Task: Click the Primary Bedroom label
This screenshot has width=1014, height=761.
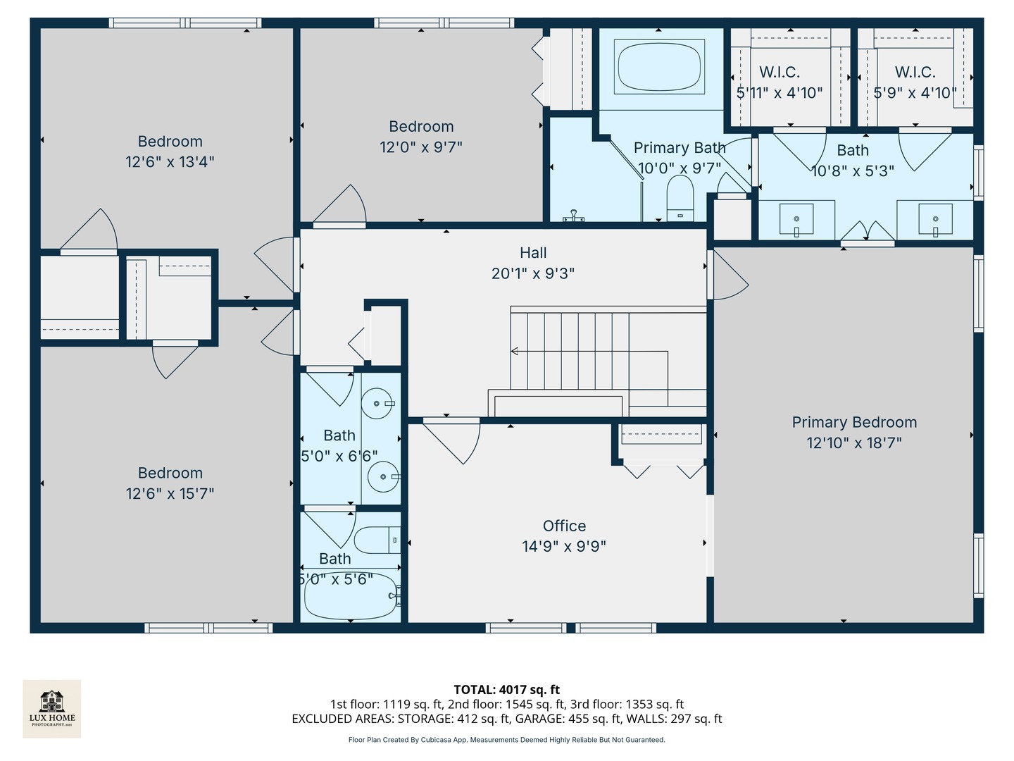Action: click(854, 422)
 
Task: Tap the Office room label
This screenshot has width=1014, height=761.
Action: click(564, 526)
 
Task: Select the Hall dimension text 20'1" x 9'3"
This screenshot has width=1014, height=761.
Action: click(533, 273)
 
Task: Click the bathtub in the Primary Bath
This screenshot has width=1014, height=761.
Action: click(659, 66)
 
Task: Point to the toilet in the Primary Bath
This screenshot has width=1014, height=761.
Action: click(680, 198)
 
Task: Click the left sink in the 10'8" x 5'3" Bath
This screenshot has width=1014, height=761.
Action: click(796, 219)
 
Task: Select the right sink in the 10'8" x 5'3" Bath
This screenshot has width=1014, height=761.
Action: click(935, 219)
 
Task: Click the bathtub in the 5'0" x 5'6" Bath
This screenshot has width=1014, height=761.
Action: click(350, 596)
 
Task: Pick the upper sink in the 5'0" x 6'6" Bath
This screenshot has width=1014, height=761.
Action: click(379, 403)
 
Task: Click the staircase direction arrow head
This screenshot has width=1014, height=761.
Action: click(515, 351)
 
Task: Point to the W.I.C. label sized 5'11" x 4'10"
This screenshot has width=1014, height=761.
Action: click(780, 73)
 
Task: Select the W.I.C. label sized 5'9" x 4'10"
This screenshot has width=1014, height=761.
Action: click(915, 73)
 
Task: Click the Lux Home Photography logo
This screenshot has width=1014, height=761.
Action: click(52, 708)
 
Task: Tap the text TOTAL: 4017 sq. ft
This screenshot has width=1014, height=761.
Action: click(506, 690)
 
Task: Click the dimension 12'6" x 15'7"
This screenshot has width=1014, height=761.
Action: click(170, 493)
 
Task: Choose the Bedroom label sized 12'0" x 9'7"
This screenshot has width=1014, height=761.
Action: click(421, 127)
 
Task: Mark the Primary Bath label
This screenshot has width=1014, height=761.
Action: click(679, 148)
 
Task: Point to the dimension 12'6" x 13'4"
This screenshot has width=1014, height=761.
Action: click(170, 162)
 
